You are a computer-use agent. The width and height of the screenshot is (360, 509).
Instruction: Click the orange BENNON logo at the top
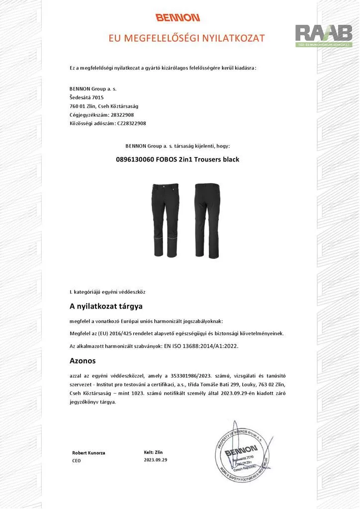(x=178, y=18)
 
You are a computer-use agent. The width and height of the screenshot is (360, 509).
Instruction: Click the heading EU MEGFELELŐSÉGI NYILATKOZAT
(x=187, y=38)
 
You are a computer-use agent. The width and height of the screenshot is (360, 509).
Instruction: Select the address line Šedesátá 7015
(x=87, y=97)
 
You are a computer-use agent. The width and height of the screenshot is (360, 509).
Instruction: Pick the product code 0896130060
(x=136, y=160)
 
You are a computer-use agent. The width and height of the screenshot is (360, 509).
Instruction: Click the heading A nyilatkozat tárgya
(x=106, y=306)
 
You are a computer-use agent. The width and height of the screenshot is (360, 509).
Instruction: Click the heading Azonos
(x=83, y=360)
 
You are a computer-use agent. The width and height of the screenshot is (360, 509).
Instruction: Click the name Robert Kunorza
(x=89, y=453)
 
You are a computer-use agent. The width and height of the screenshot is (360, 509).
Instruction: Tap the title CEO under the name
(x=76, y=461)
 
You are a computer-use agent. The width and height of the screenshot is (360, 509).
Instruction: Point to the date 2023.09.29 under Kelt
(x=155, y=460)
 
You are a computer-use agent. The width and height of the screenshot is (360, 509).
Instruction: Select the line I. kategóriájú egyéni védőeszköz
(x=107, y=291)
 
